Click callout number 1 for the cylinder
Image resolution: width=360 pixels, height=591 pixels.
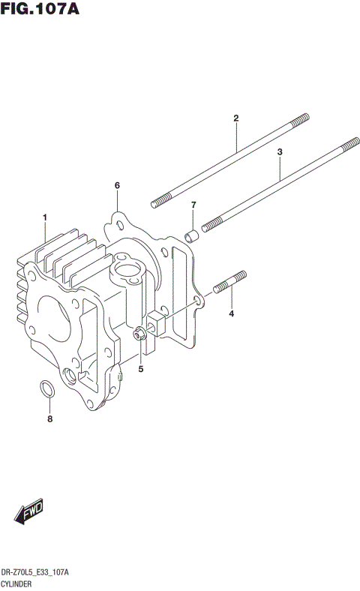pos(45,217)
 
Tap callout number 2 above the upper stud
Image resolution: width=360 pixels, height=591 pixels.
pos(235,118)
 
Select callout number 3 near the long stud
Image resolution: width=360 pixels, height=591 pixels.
pos(280,152)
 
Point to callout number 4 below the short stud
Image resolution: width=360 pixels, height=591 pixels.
pos(232,313)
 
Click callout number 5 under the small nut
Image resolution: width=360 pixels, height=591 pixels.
pos(140,368)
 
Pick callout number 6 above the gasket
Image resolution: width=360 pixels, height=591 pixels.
pos(117,185)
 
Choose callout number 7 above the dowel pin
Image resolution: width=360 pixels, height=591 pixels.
pos(193,205)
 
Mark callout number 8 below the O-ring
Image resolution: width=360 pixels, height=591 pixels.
pos(50,419)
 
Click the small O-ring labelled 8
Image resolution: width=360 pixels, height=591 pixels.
pos(46,388)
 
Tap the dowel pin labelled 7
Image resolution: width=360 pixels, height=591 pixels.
pos(192,237)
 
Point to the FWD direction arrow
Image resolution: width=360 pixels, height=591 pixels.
pos(28,513)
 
